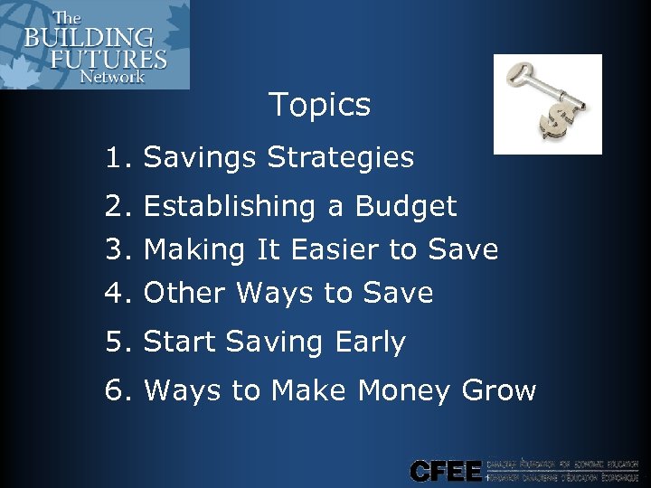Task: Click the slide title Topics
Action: [x=319, y=105]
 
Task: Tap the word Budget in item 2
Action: [x=406, y=207]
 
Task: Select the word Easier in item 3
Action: [x=334, y=249]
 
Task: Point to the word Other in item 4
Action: [x=185, y=293]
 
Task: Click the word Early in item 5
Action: [x=370, y=342]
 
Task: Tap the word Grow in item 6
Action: [x=498, y=390]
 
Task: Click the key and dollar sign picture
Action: [x=547, y=104]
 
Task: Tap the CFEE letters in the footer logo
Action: [x=446, y=471]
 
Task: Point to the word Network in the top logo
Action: [x=112, y=77]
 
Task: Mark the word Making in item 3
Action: [x=194, y=249]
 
